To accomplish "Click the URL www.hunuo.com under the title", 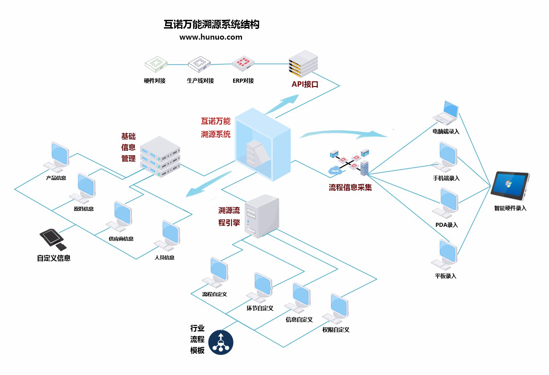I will pos(211,37).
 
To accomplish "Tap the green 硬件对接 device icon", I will pos(156,64).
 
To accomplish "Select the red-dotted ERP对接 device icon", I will pos(243,64).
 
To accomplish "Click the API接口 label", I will pos(305,84).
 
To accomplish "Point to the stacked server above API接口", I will pos(303,63).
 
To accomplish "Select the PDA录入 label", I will pos(446,225).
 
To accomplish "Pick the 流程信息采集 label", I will pos(350,187).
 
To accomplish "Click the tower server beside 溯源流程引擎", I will pos(262,216).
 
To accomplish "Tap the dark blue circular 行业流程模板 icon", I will pos(220,342).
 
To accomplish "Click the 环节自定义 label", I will pos(260,308).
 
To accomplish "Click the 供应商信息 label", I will pos(121,239).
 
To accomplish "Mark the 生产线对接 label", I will pos(200,81).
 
